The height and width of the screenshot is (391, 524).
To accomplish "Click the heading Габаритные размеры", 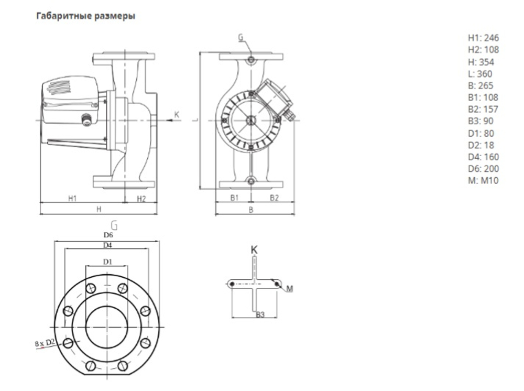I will point(85,16).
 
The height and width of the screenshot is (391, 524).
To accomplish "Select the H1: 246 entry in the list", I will point(483,38).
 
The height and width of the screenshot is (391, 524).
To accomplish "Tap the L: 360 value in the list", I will point(480,74).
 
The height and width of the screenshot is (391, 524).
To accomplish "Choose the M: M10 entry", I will point(483,181).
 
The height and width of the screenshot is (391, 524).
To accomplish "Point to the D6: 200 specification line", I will point(483,169).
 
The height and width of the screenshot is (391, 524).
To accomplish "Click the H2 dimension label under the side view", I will point(141,198).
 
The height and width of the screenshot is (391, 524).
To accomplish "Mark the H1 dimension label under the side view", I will point(72,198).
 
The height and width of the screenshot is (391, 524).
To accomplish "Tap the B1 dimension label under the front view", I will point(235,198).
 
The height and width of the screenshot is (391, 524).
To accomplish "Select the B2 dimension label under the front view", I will point(274,198).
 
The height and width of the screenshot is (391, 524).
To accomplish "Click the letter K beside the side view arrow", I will point(177,114).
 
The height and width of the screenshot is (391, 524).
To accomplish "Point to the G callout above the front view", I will point(240,38).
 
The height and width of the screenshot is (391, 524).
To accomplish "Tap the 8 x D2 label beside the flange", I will point(46,343).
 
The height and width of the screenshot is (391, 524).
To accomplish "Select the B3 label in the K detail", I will point(260,314).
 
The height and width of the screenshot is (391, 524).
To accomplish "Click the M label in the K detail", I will point(289,289).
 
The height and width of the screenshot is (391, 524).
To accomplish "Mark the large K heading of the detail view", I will point(254,250).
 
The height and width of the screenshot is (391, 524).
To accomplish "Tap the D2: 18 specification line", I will point(481,145).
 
